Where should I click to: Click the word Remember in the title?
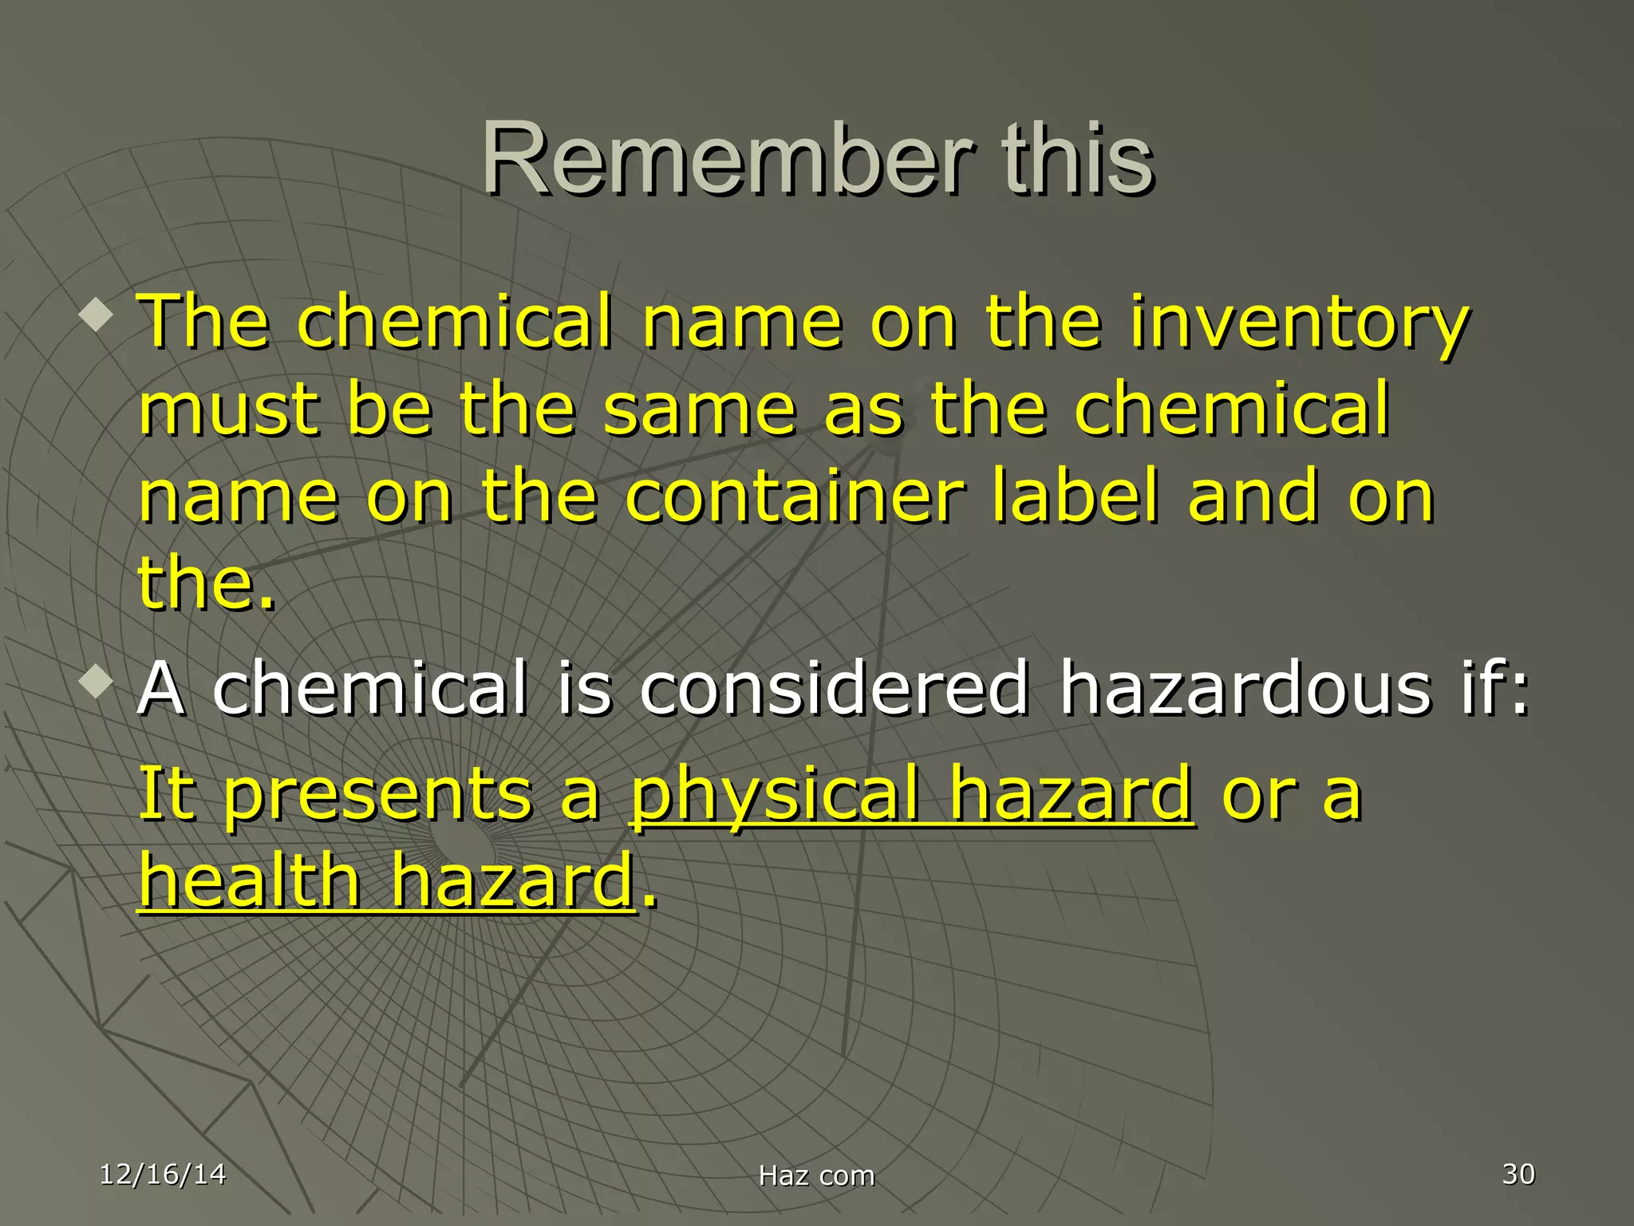coord(726,160)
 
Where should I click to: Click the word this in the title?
coord(1077,160)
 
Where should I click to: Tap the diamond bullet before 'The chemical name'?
coord(97,316)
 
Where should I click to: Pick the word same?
coord(699,410)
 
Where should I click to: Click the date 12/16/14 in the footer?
coord(163,1174)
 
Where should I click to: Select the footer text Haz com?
coord(816,1176)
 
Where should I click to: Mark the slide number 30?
coord(1518,1174)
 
